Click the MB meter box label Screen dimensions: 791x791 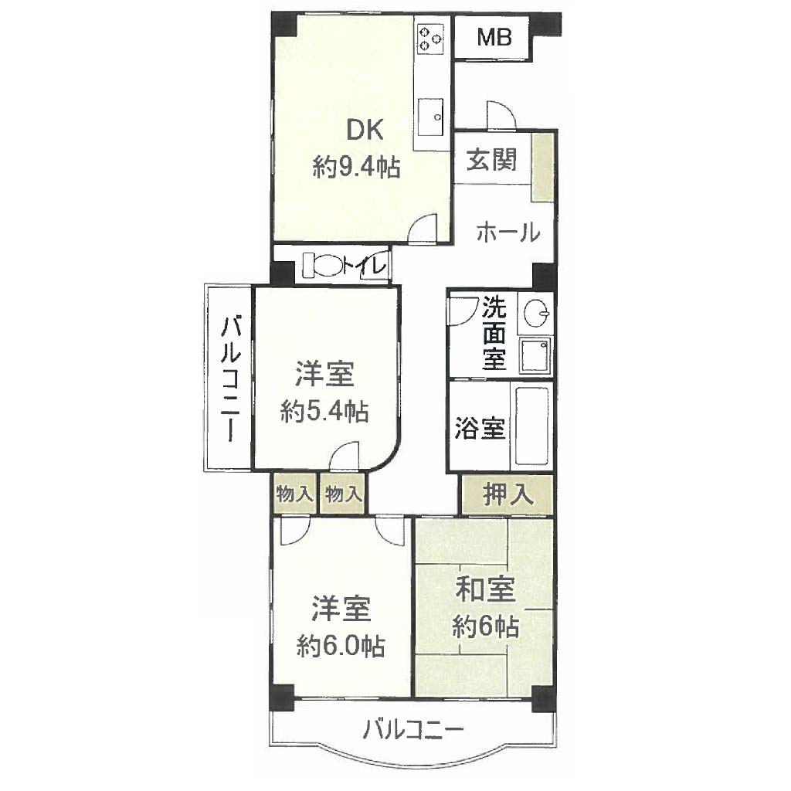[x=494, y=37]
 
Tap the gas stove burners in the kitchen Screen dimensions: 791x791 [x=430, y=39]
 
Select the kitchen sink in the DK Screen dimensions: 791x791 [x=430, y=117]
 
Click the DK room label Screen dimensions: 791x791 [x=365, y=130]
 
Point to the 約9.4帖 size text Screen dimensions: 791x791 [x=357, y=167]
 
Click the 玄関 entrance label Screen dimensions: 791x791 [x=491, y=160]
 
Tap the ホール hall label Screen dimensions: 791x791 [x=508, y=233]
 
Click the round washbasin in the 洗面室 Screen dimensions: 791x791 [x=536, y=314]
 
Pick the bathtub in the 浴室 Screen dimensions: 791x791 [x=531, y=426]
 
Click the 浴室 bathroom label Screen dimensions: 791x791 [x=480, y=428]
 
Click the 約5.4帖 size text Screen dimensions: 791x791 [x=324, y=412]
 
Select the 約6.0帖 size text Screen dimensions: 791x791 [x=341, y=647]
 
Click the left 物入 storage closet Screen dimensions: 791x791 [x=295, y=494]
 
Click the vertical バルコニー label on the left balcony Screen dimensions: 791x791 [x=230, y=379]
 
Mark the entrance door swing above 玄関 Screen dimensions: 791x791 [x=501, y=115]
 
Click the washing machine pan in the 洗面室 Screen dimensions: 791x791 [x=535, y=355]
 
